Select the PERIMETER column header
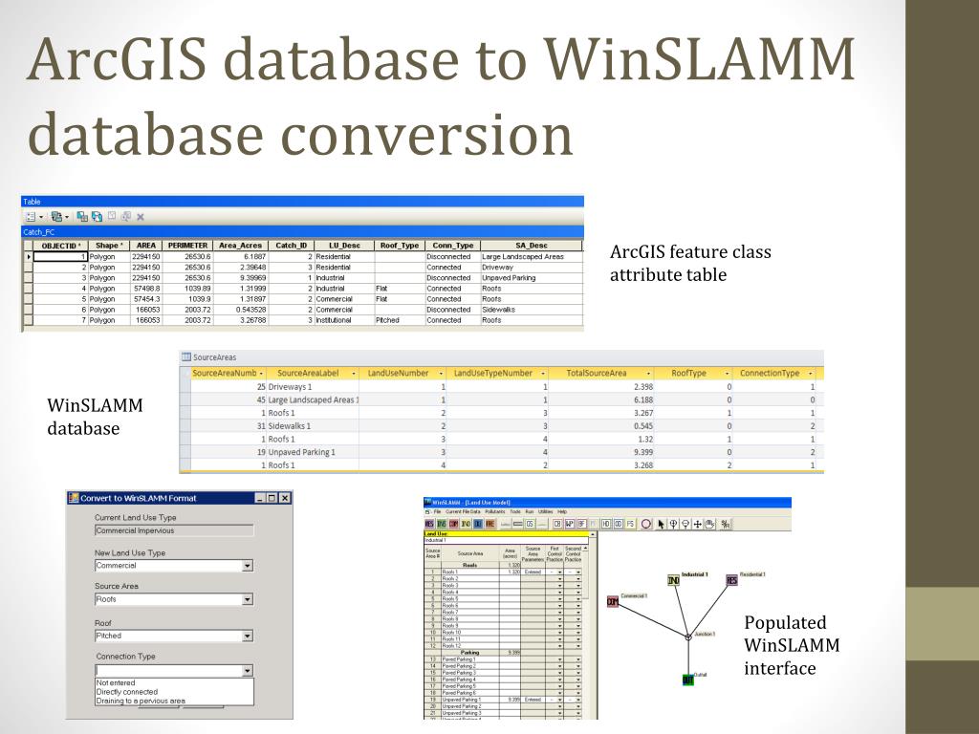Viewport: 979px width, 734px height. pos(187,246)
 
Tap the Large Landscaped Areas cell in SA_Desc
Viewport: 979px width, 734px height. pos(523,256)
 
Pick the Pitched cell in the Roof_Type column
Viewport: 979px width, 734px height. pos(387,320)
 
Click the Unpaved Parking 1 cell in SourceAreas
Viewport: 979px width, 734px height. pos(302,451)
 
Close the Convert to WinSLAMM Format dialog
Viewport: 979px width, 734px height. pos(284,498)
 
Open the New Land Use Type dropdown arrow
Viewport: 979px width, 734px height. pos(248,566)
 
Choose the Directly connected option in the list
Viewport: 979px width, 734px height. pos(127,692)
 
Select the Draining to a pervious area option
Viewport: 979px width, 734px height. pos(141,701)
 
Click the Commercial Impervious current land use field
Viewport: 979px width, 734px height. pos(173,530)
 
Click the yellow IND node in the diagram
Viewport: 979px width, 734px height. pos(673,580)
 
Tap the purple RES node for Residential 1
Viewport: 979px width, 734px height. pos(731,580)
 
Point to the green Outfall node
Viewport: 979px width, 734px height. pos(687,680)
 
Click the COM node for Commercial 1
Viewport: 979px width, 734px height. pos(612,602)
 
